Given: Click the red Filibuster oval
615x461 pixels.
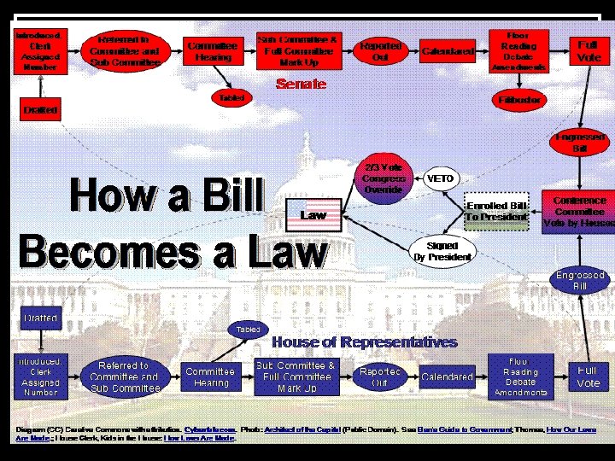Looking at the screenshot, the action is (x=520, y=100).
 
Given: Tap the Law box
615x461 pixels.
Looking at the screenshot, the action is (x=313, y=215).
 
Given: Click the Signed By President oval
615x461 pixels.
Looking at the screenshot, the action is (x=442, y=251).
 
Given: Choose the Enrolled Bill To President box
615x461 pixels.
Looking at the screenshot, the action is (x=495, y=211).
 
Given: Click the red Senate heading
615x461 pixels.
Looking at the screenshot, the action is (x=301, y=85).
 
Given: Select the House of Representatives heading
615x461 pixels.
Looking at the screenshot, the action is (x=364, y=342).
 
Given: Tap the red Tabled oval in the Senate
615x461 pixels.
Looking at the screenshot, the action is (x=231, y=98).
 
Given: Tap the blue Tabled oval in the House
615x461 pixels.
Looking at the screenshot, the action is (x=248, y=329).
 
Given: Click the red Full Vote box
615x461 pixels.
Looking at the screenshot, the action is (x=588, y=50).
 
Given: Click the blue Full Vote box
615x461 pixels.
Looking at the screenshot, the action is (x=588, y=376).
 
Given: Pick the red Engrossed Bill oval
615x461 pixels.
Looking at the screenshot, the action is (x=580, y=142).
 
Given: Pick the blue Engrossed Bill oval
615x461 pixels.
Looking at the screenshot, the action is (x=580, y=281).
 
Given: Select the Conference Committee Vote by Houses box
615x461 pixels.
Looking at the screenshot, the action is (x=578, y=212).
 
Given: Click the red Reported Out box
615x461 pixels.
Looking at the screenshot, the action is (x=381, y=51).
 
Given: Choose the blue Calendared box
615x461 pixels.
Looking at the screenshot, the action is (x=447, y=376).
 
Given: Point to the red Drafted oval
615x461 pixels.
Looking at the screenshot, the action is (x=41, y=110).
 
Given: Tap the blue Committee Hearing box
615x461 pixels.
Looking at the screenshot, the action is (x=210, y=376).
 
